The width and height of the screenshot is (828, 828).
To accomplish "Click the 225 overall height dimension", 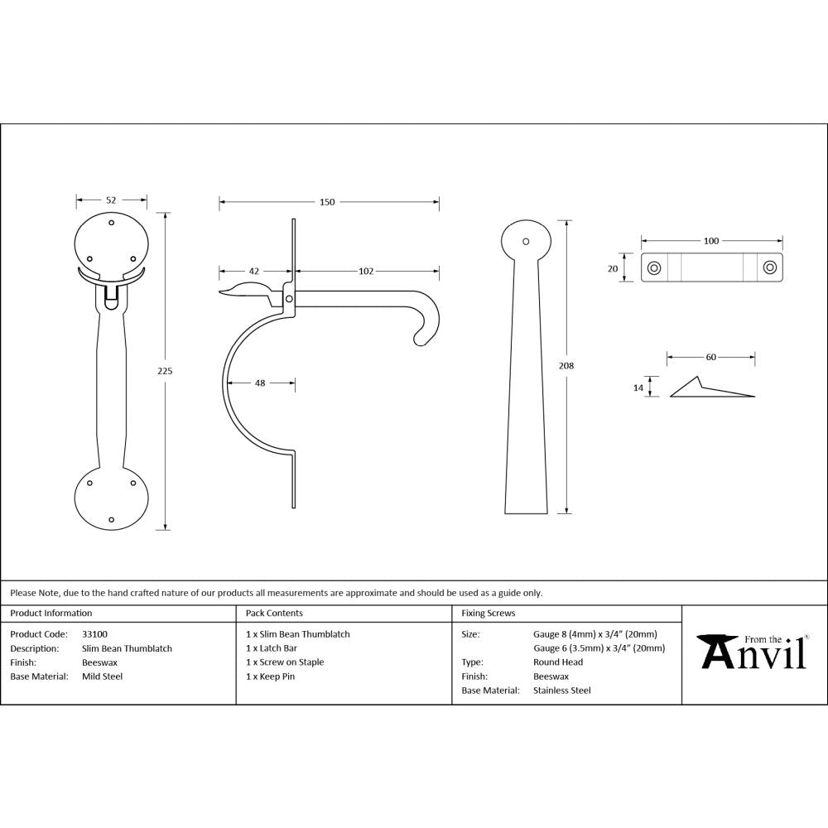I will pos(165,371).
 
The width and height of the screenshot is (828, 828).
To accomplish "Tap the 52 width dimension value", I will pos(111,200).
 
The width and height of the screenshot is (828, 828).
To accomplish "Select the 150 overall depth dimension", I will pos(327,202).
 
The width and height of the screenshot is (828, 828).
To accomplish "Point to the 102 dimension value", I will pos(366,271).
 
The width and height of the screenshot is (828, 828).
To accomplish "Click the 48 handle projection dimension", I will pos(260,383).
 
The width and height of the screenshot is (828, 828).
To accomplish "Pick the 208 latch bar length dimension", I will pos(567,365).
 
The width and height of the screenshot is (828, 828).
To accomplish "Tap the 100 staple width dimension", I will pos(710,241).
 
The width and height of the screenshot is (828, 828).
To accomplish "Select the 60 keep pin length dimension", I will pos(710,358).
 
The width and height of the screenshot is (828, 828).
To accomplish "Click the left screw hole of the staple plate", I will pos(653,267).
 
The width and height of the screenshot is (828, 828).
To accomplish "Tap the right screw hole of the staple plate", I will pos(770,267).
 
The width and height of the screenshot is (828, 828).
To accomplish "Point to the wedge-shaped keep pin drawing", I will pos(708,389).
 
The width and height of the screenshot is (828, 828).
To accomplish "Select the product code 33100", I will pos(95,634).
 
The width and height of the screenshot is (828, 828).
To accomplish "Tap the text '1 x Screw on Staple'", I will pos(285,662).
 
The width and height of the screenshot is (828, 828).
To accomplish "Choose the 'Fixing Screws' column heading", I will pos(489,614).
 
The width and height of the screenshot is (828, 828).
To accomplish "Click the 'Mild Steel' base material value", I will pos(103,676).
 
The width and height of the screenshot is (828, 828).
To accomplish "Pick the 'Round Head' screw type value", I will pos(558,662).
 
